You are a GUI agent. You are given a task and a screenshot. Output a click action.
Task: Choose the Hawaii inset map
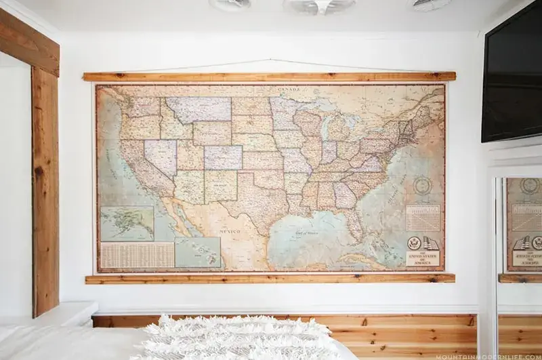(197, 252)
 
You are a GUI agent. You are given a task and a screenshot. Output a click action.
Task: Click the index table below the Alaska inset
(137, 255)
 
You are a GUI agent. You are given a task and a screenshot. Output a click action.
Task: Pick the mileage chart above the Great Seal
(423, 217)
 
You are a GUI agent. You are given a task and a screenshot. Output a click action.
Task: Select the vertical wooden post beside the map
(45, 190)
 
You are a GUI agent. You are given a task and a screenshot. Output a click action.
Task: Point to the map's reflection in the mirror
(523, 224)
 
